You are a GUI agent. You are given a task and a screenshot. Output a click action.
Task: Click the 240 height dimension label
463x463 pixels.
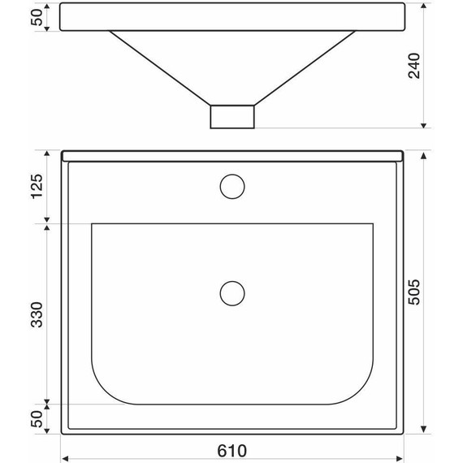(x=416, y=66)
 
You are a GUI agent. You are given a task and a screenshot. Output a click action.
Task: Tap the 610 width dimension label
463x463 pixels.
(x=232, y=449)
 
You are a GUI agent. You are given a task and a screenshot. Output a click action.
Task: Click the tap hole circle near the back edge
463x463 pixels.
(x=232, y=186)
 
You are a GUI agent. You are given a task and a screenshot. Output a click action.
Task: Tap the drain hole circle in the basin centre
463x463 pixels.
(x=232, y=292)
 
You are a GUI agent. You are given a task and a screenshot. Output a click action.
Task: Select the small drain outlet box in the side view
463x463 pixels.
(x=232, y=116)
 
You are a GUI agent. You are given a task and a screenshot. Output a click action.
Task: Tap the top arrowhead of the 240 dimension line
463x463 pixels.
(x=424, y=6)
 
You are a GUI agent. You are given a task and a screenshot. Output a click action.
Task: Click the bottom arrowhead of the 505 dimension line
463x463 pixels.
(x=424, y=434)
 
